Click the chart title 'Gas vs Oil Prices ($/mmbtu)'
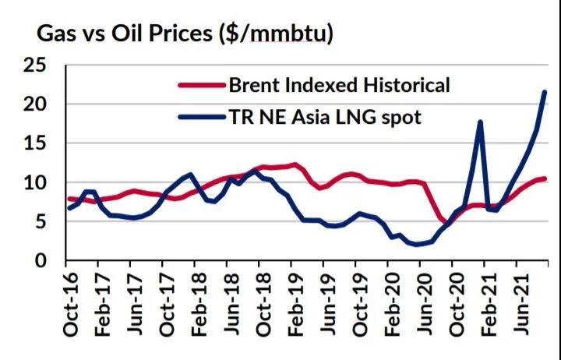tap(185, 34)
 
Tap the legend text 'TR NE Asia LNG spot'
tap(325, 118)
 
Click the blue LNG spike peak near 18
tap(480, 122)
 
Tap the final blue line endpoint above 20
tap(544, 93)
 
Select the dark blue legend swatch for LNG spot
tap(201, 118)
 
